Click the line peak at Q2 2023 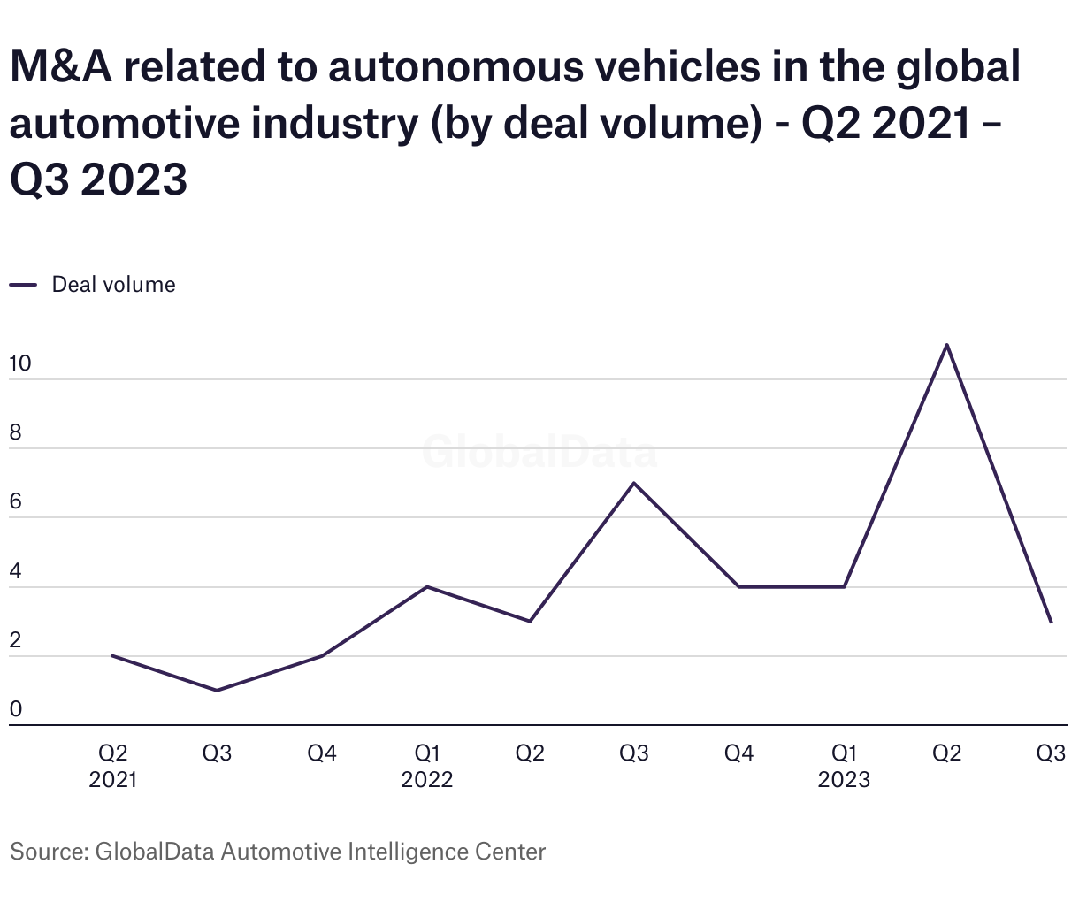947,345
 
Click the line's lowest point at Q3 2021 217,691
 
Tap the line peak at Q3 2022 634,483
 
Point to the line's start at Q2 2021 112,655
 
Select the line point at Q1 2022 427,586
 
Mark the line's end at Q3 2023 1051,623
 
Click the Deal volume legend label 113,285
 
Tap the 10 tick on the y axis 19,363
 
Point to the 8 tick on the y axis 15,433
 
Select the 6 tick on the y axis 15,502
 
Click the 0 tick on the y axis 15,709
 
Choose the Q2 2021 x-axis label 112,766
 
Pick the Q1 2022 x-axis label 427,766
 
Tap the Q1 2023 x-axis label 844,766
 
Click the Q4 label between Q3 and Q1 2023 738,753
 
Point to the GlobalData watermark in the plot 539,452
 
